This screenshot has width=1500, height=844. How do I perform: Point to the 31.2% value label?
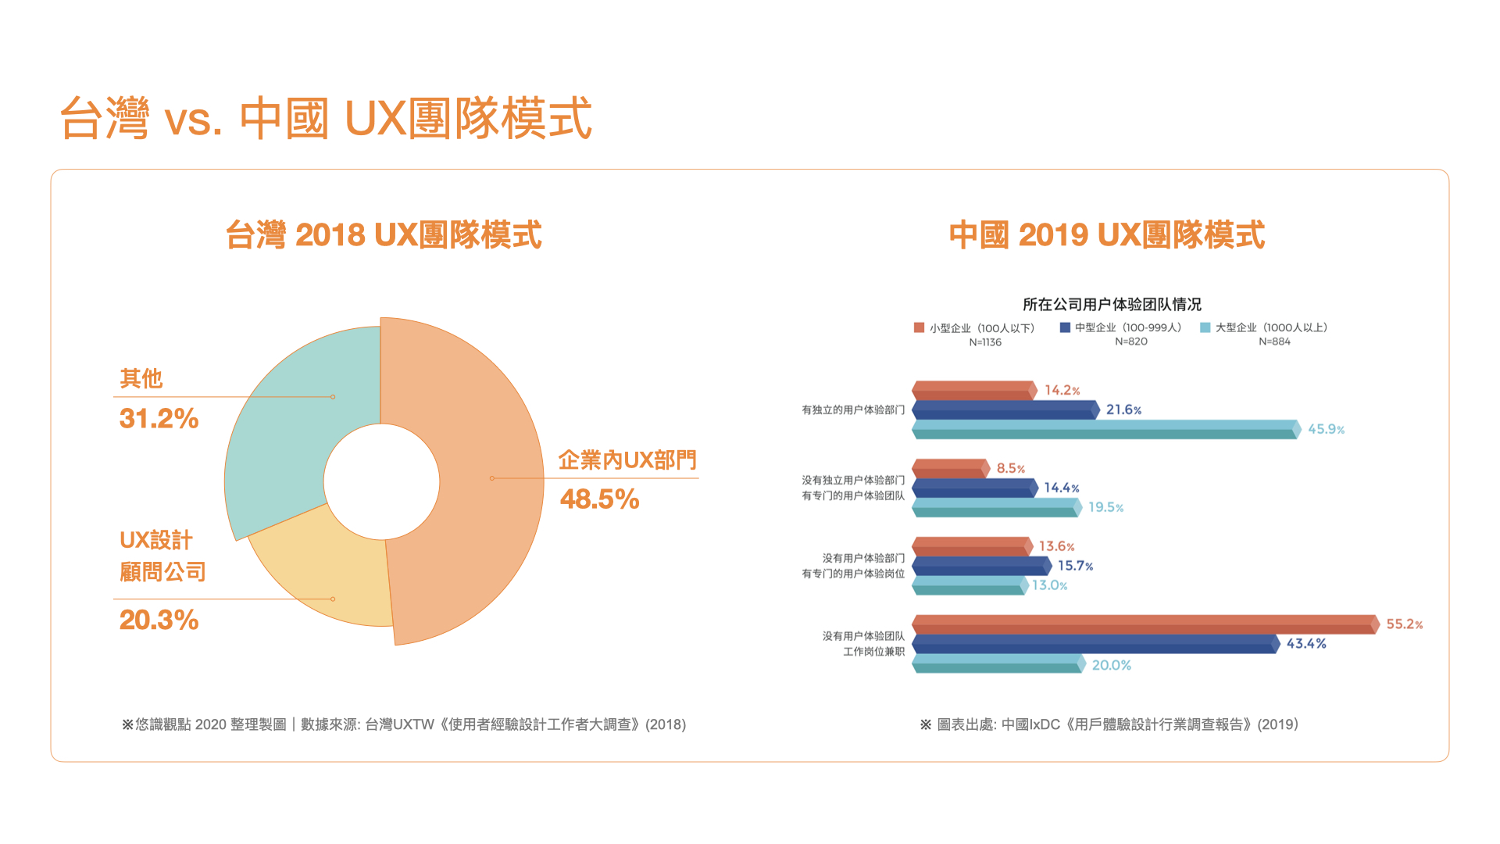coord(159,419)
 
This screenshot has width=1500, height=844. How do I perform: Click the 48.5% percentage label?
coord(599,499)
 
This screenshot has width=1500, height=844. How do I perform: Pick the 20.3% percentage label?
coord(159,620)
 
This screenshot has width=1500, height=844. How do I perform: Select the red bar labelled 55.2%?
coord(1145,624)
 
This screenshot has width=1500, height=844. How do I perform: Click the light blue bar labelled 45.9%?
coord(1105,429)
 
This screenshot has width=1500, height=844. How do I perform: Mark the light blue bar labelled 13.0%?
coord(969,585)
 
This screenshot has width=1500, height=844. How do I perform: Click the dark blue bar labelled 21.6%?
coord(1005,409)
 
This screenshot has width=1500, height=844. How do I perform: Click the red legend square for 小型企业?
coord(919,327)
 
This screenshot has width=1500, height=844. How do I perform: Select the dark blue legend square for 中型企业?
coord(1064,327)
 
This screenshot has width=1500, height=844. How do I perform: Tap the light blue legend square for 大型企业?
coord(1205,327)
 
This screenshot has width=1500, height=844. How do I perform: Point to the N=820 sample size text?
coord(1130,342)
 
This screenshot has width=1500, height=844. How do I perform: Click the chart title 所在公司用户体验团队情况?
coord(1112,304)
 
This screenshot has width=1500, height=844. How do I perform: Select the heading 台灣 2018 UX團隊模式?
coord(384,234)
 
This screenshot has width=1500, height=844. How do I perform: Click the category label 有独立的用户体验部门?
coord(853,409)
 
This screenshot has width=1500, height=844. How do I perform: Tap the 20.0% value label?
coord(1111,665)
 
